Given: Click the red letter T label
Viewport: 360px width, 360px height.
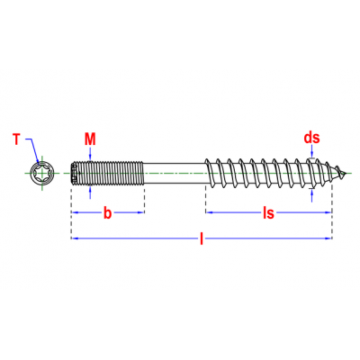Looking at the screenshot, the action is (17, 139).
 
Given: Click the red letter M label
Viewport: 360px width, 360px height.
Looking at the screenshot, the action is (90, 139).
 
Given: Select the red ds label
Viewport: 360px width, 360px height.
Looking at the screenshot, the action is (312, 138).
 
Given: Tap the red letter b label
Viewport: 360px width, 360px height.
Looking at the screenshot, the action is (107, 212).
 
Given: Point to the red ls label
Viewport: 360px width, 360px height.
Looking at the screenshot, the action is (268, 212).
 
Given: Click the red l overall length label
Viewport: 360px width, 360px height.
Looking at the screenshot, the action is (202, 238).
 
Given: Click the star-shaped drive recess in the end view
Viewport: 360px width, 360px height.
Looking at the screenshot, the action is (41, 174).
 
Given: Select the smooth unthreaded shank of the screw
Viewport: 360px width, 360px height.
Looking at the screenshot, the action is (174, 174).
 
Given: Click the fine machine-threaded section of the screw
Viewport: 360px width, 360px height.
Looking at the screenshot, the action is (107, 174).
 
